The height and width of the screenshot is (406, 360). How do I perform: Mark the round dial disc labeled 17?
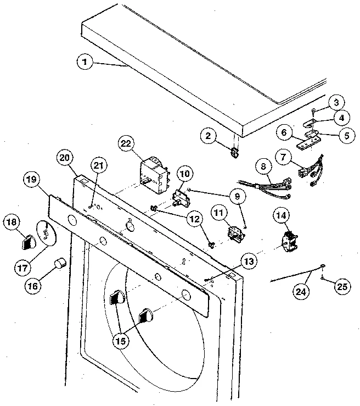(x=45, y=233)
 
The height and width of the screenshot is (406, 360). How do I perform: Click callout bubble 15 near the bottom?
(x=120, y=341)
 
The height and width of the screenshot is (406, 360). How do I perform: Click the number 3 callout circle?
(x=336, y=102)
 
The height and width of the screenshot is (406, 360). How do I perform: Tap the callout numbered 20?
(x=65, y=158)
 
